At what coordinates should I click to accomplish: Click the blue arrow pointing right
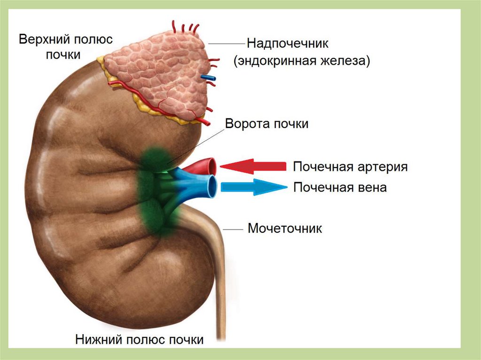pyautogui.click(x=254, y=187)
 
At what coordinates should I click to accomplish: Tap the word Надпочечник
pyautogui.click(x=288, y=44)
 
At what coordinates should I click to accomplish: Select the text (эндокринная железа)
pyautogui.click(x=303, y=61)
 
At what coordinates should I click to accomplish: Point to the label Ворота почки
pyautogui.click(x=267, y=124)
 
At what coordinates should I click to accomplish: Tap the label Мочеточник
pyautogui.click(x=285, y=229)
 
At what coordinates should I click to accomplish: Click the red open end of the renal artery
pyautogui.click(x=212, y=165)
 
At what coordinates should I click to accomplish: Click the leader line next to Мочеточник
pyautogui.click(x=233, y=230)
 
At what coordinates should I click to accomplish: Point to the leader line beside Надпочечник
pyautogui.click(x=226, y=44)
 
